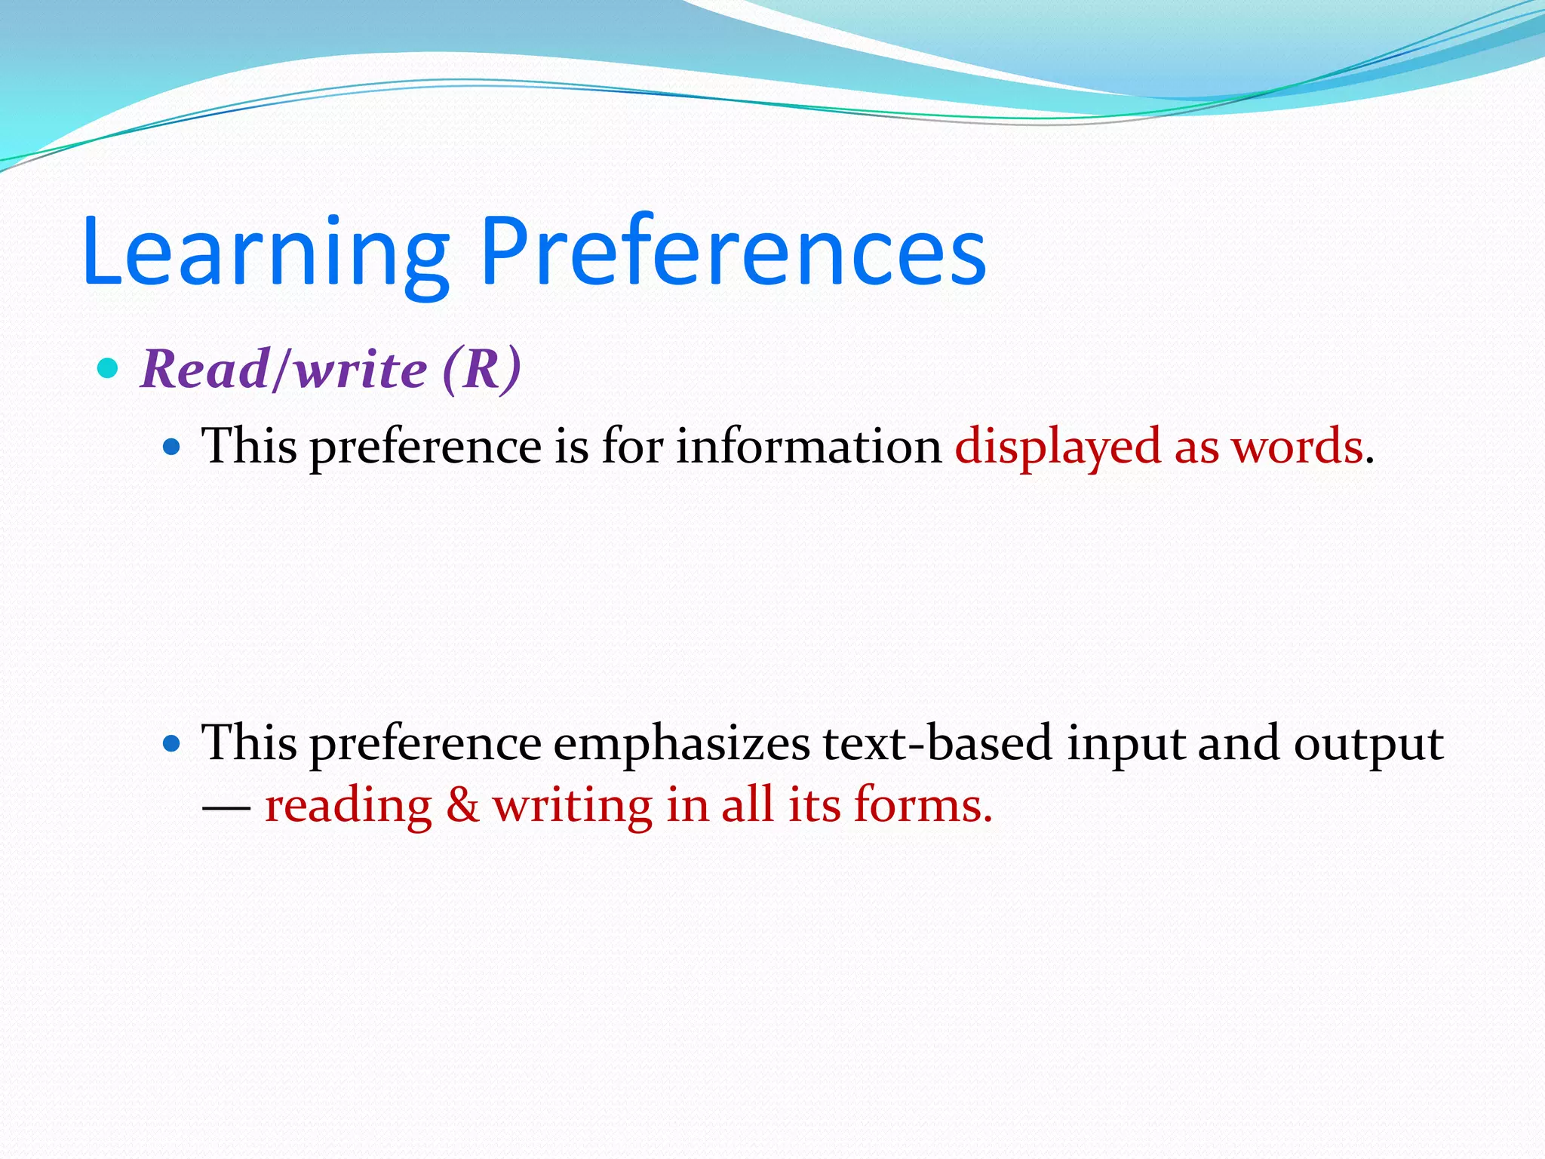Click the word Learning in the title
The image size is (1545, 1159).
[x=266, y=253]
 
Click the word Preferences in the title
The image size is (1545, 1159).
[x=733, y=253]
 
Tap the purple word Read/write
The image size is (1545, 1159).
[x=284, y=370]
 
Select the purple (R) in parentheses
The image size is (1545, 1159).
[x=481, y=370]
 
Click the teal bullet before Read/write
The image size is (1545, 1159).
[x=109, y=369]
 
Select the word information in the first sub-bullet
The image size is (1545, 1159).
[x=808, y=447]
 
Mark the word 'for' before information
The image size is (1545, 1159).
[x=631, y=447]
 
